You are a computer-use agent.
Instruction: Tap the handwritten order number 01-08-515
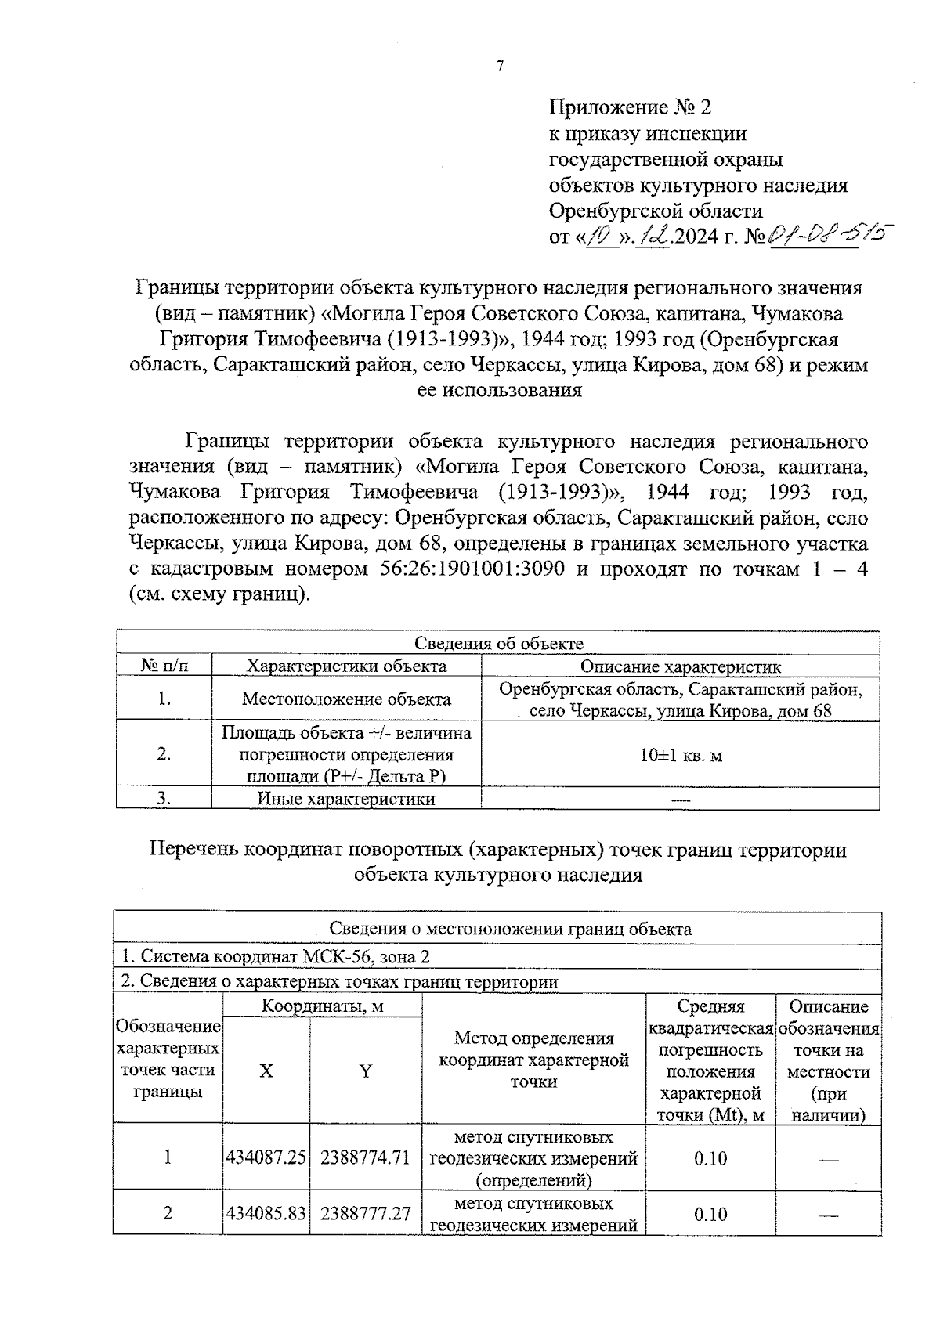[x=831, y=233]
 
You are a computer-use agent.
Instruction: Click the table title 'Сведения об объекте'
[x=498, y=643]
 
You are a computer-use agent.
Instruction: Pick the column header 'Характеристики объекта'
[x=346, y=666]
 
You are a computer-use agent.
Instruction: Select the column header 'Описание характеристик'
[x=680, y=666]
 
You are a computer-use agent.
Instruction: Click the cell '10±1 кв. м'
[x=680, y=755]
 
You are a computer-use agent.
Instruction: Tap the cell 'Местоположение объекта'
[x=346, y=699]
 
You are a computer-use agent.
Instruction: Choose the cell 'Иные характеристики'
[x=346, y=799]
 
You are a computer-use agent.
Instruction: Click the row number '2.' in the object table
[x=164, y=755]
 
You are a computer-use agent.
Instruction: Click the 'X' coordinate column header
[x=266, y=1071]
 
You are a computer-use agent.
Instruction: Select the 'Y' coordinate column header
[x=366, y=1071]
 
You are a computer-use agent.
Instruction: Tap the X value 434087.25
[x=266, y=1157]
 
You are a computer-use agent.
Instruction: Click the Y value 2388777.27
[x=366, y=1213]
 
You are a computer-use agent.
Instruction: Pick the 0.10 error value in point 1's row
[x=710, y=1157]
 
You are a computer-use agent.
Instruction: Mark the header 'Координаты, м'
[x=322, y=1006]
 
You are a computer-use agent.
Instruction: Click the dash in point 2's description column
[x=828, y=1215]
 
